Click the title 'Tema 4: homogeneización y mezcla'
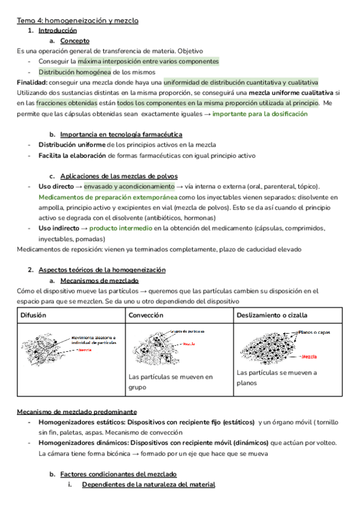pyautogui.click(x=77, y=20)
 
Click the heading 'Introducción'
pyautogui.click(x=58, y=31)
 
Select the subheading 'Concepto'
pyautogui.click(x=75, y=41)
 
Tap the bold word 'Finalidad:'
pyautogui.click(x=32, y=82)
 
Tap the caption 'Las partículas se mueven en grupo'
pyautogui.click(x=170, y=382)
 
